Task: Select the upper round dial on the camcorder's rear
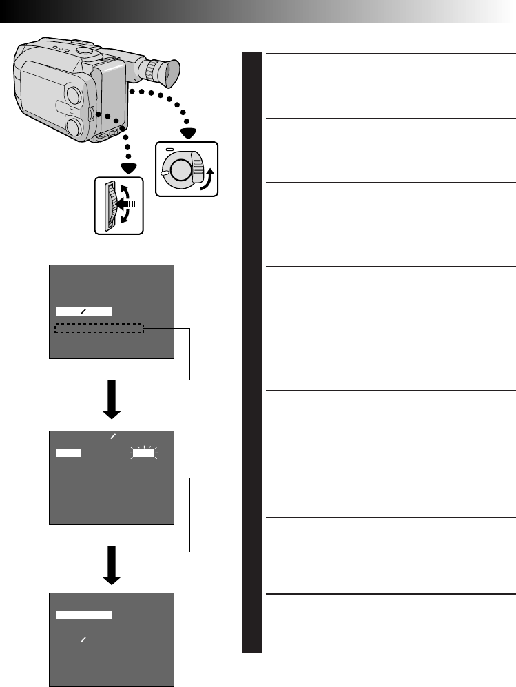[76, 94]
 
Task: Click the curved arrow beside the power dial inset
[205, 174]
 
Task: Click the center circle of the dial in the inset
[179, 169]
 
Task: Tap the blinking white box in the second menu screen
[145, 453]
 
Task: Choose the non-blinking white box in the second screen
[68, 453]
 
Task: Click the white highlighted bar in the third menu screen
[83, 614]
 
